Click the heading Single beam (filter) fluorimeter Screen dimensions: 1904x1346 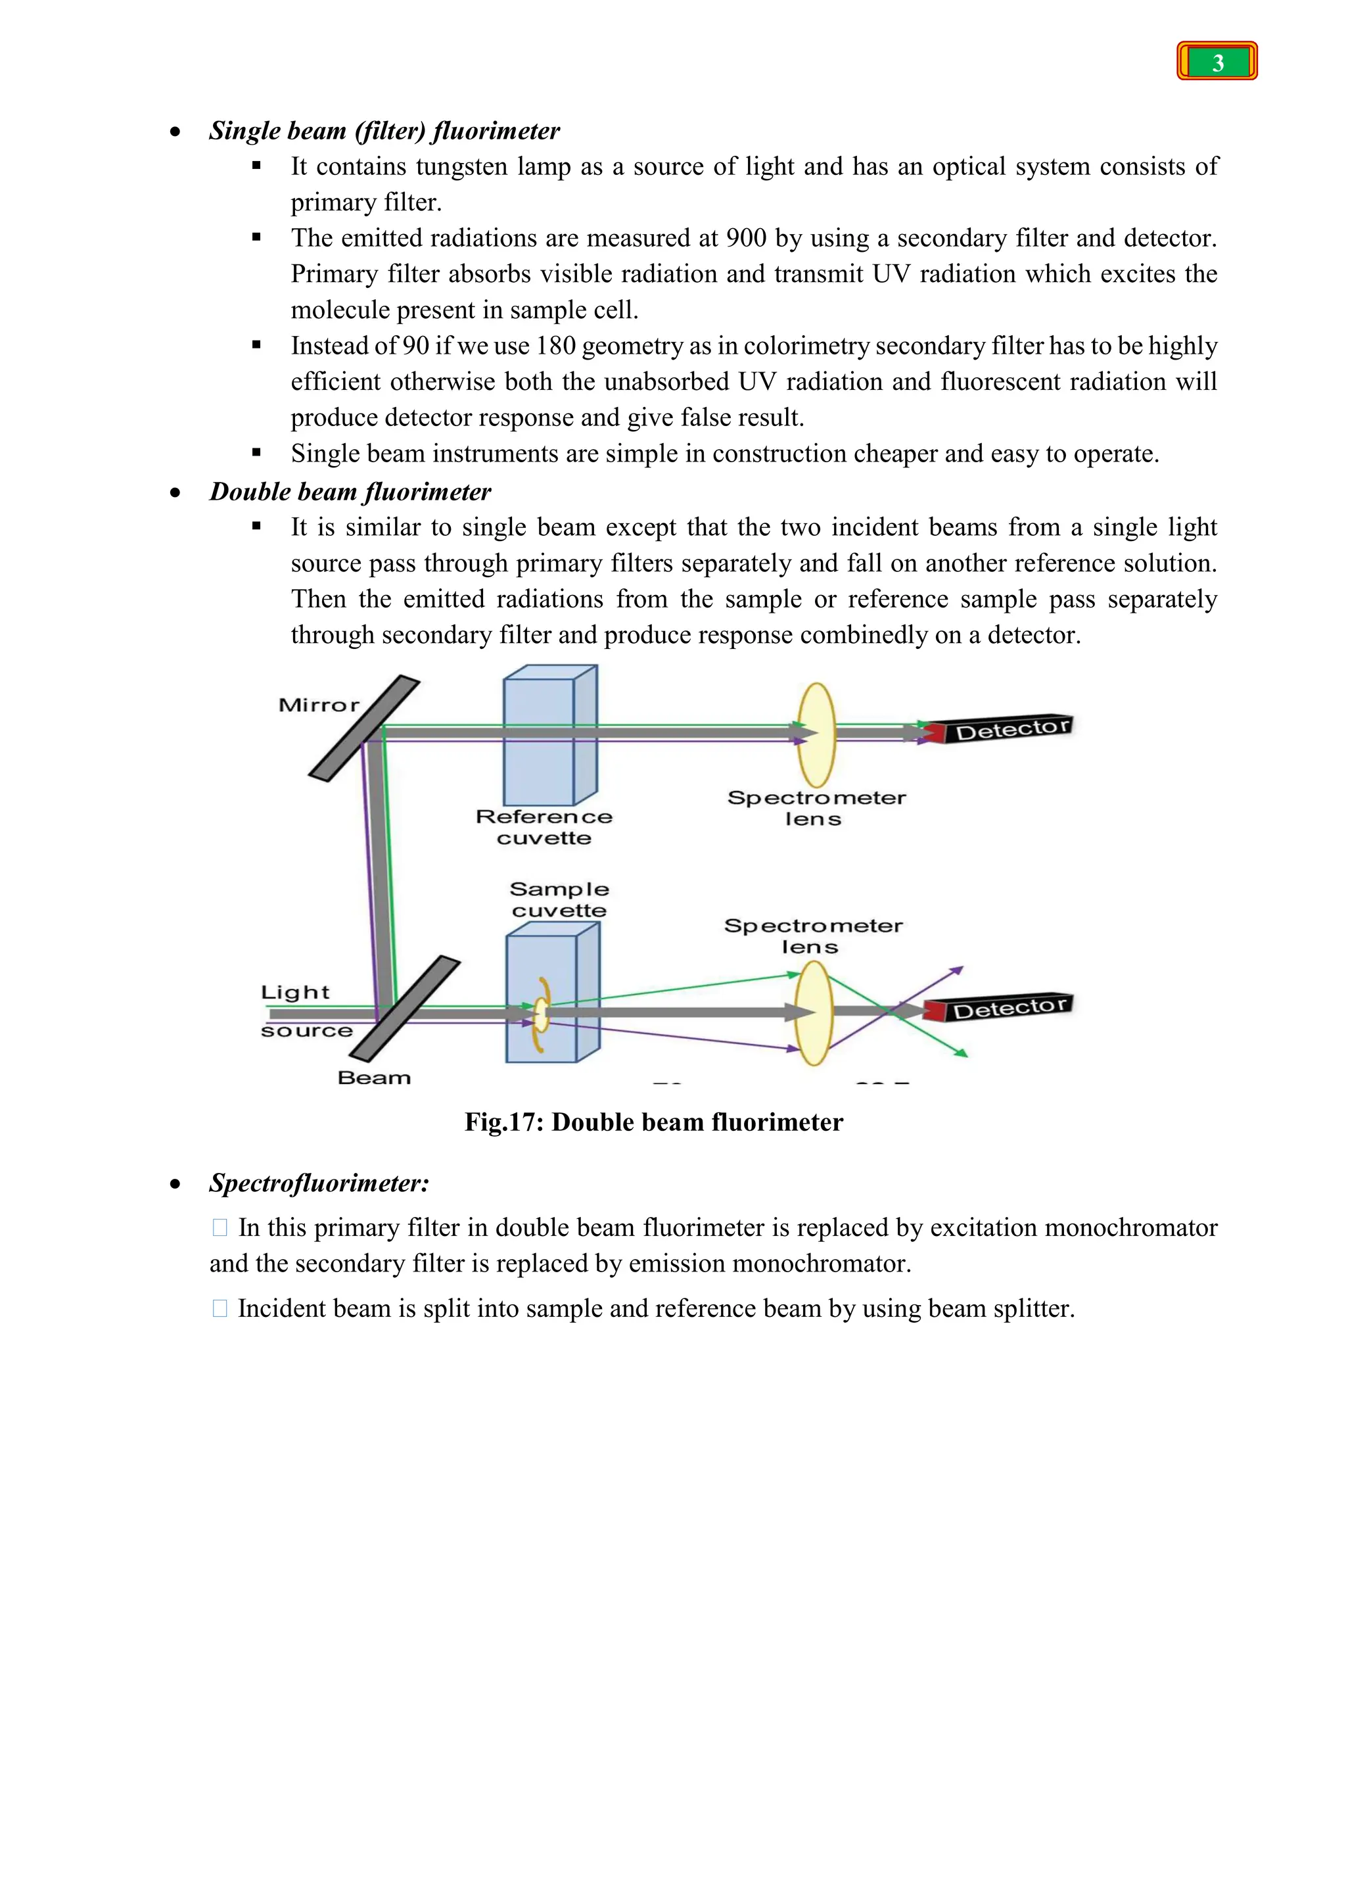pos(384,131)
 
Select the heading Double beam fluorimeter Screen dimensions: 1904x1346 pos(350,492)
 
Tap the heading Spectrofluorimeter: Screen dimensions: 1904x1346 pos(319,1183)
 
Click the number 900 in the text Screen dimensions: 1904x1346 pos(745,239)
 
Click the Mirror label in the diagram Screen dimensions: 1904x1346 pos(318,705)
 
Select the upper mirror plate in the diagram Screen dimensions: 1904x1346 pos(365,728)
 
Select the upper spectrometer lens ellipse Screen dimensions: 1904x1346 pos(816,735)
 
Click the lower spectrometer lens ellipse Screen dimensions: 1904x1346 pos(813,1012)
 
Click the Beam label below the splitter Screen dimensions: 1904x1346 pos(374,1078)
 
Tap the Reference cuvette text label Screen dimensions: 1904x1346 pos(544,827)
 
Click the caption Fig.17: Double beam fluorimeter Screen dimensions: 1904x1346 pos(653,1123)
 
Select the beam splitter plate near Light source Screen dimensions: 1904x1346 pos(404,1009)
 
